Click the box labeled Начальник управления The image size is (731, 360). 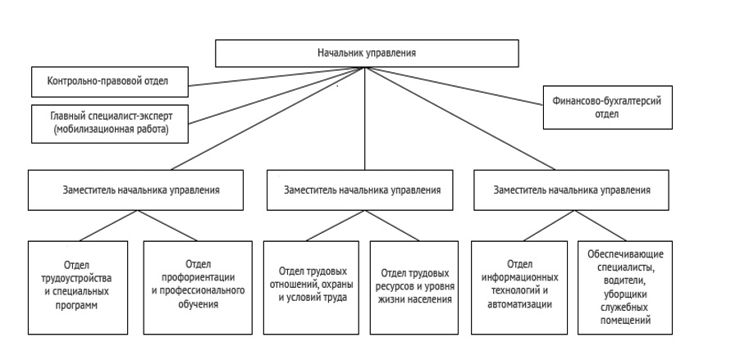367,53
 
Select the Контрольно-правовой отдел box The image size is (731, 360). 110,81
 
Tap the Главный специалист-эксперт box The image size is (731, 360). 110,123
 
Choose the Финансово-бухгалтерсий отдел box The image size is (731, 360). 607,107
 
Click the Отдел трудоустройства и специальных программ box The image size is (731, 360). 78,287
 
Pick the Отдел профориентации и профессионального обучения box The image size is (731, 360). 198,287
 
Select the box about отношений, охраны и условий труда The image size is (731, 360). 311,287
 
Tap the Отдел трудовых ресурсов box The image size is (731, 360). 414,287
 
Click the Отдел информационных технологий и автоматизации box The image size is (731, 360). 519,287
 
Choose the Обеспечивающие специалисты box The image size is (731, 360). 624,287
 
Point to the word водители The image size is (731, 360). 625,280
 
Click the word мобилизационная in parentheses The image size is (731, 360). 88,130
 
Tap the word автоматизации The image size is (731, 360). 520,304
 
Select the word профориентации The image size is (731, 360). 198,277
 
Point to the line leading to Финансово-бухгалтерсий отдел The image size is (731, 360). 454,86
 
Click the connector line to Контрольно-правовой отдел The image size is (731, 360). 276,77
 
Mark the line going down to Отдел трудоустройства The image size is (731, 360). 108,226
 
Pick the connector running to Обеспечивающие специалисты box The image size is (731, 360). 601,226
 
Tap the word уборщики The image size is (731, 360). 625,294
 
